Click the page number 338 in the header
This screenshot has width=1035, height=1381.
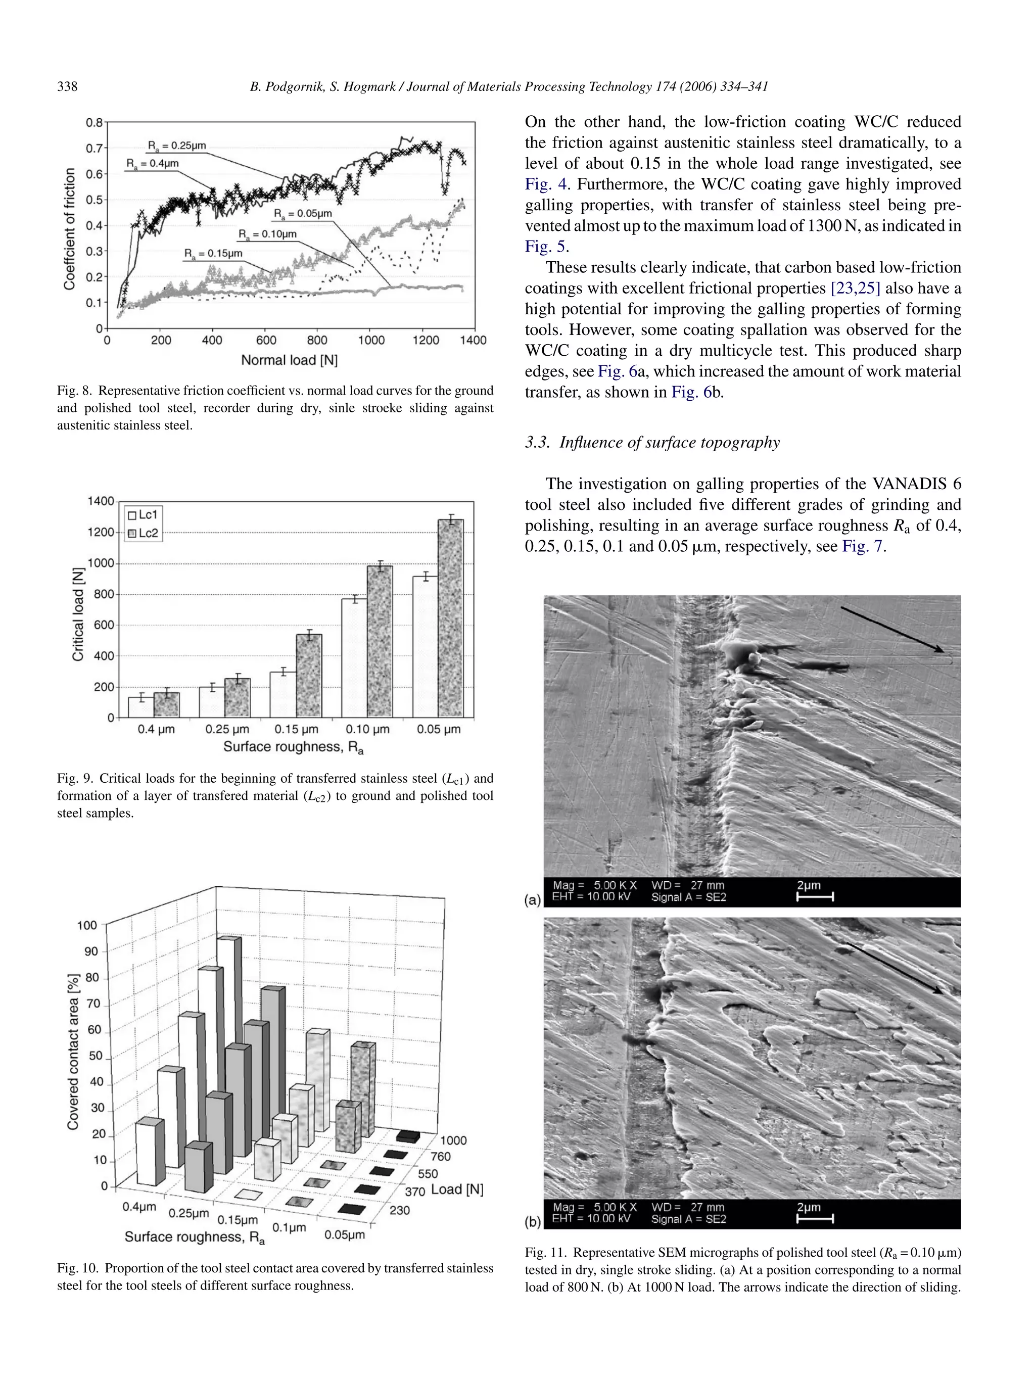pos(67,87)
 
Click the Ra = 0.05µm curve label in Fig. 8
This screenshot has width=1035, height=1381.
pos(303,214)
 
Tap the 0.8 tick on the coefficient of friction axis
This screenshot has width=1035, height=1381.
pos(95,122)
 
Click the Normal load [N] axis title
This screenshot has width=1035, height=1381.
pos(289,360)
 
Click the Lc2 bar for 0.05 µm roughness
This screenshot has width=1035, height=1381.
pos(451,617)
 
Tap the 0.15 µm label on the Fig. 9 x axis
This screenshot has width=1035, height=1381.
pos(297,729)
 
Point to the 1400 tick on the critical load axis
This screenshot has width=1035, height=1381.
pos(101,501)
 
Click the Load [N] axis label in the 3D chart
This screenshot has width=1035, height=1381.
pos(457,1189)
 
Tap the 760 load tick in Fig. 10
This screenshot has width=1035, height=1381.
pos(440,1156)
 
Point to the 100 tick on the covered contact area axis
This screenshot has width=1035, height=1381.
pos(87,925)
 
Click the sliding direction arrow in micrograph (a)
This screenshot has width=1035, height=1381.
pos(892,629)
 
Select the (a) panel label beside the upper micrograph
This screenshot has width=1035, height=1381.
pos(533,899)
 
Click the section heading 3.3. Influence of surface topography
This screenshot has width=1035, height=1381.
pos(652,443)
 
